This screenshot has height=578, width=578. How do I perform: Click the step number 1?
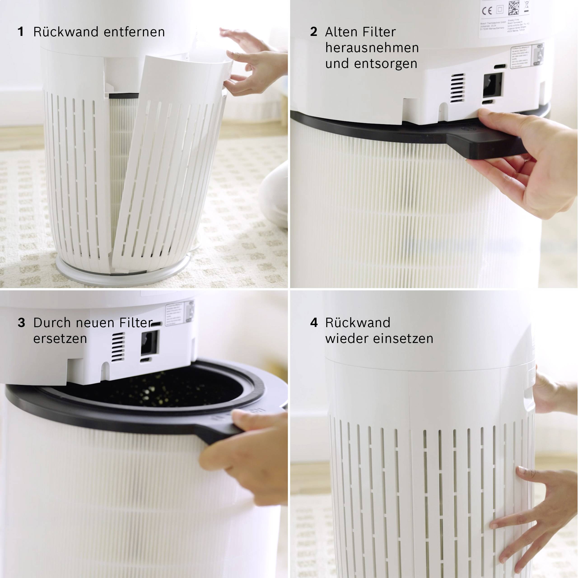tap(20, 32)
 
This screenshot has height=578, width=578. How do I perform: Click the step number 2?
tap(314, 32)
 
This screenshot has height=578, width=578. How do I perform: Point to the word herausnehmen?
tap(372, 48)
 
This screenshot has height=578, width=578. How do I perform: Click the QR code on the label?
tap(514, 7)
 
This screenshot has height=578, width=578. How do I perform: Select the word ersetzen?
tap(60, 339)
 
